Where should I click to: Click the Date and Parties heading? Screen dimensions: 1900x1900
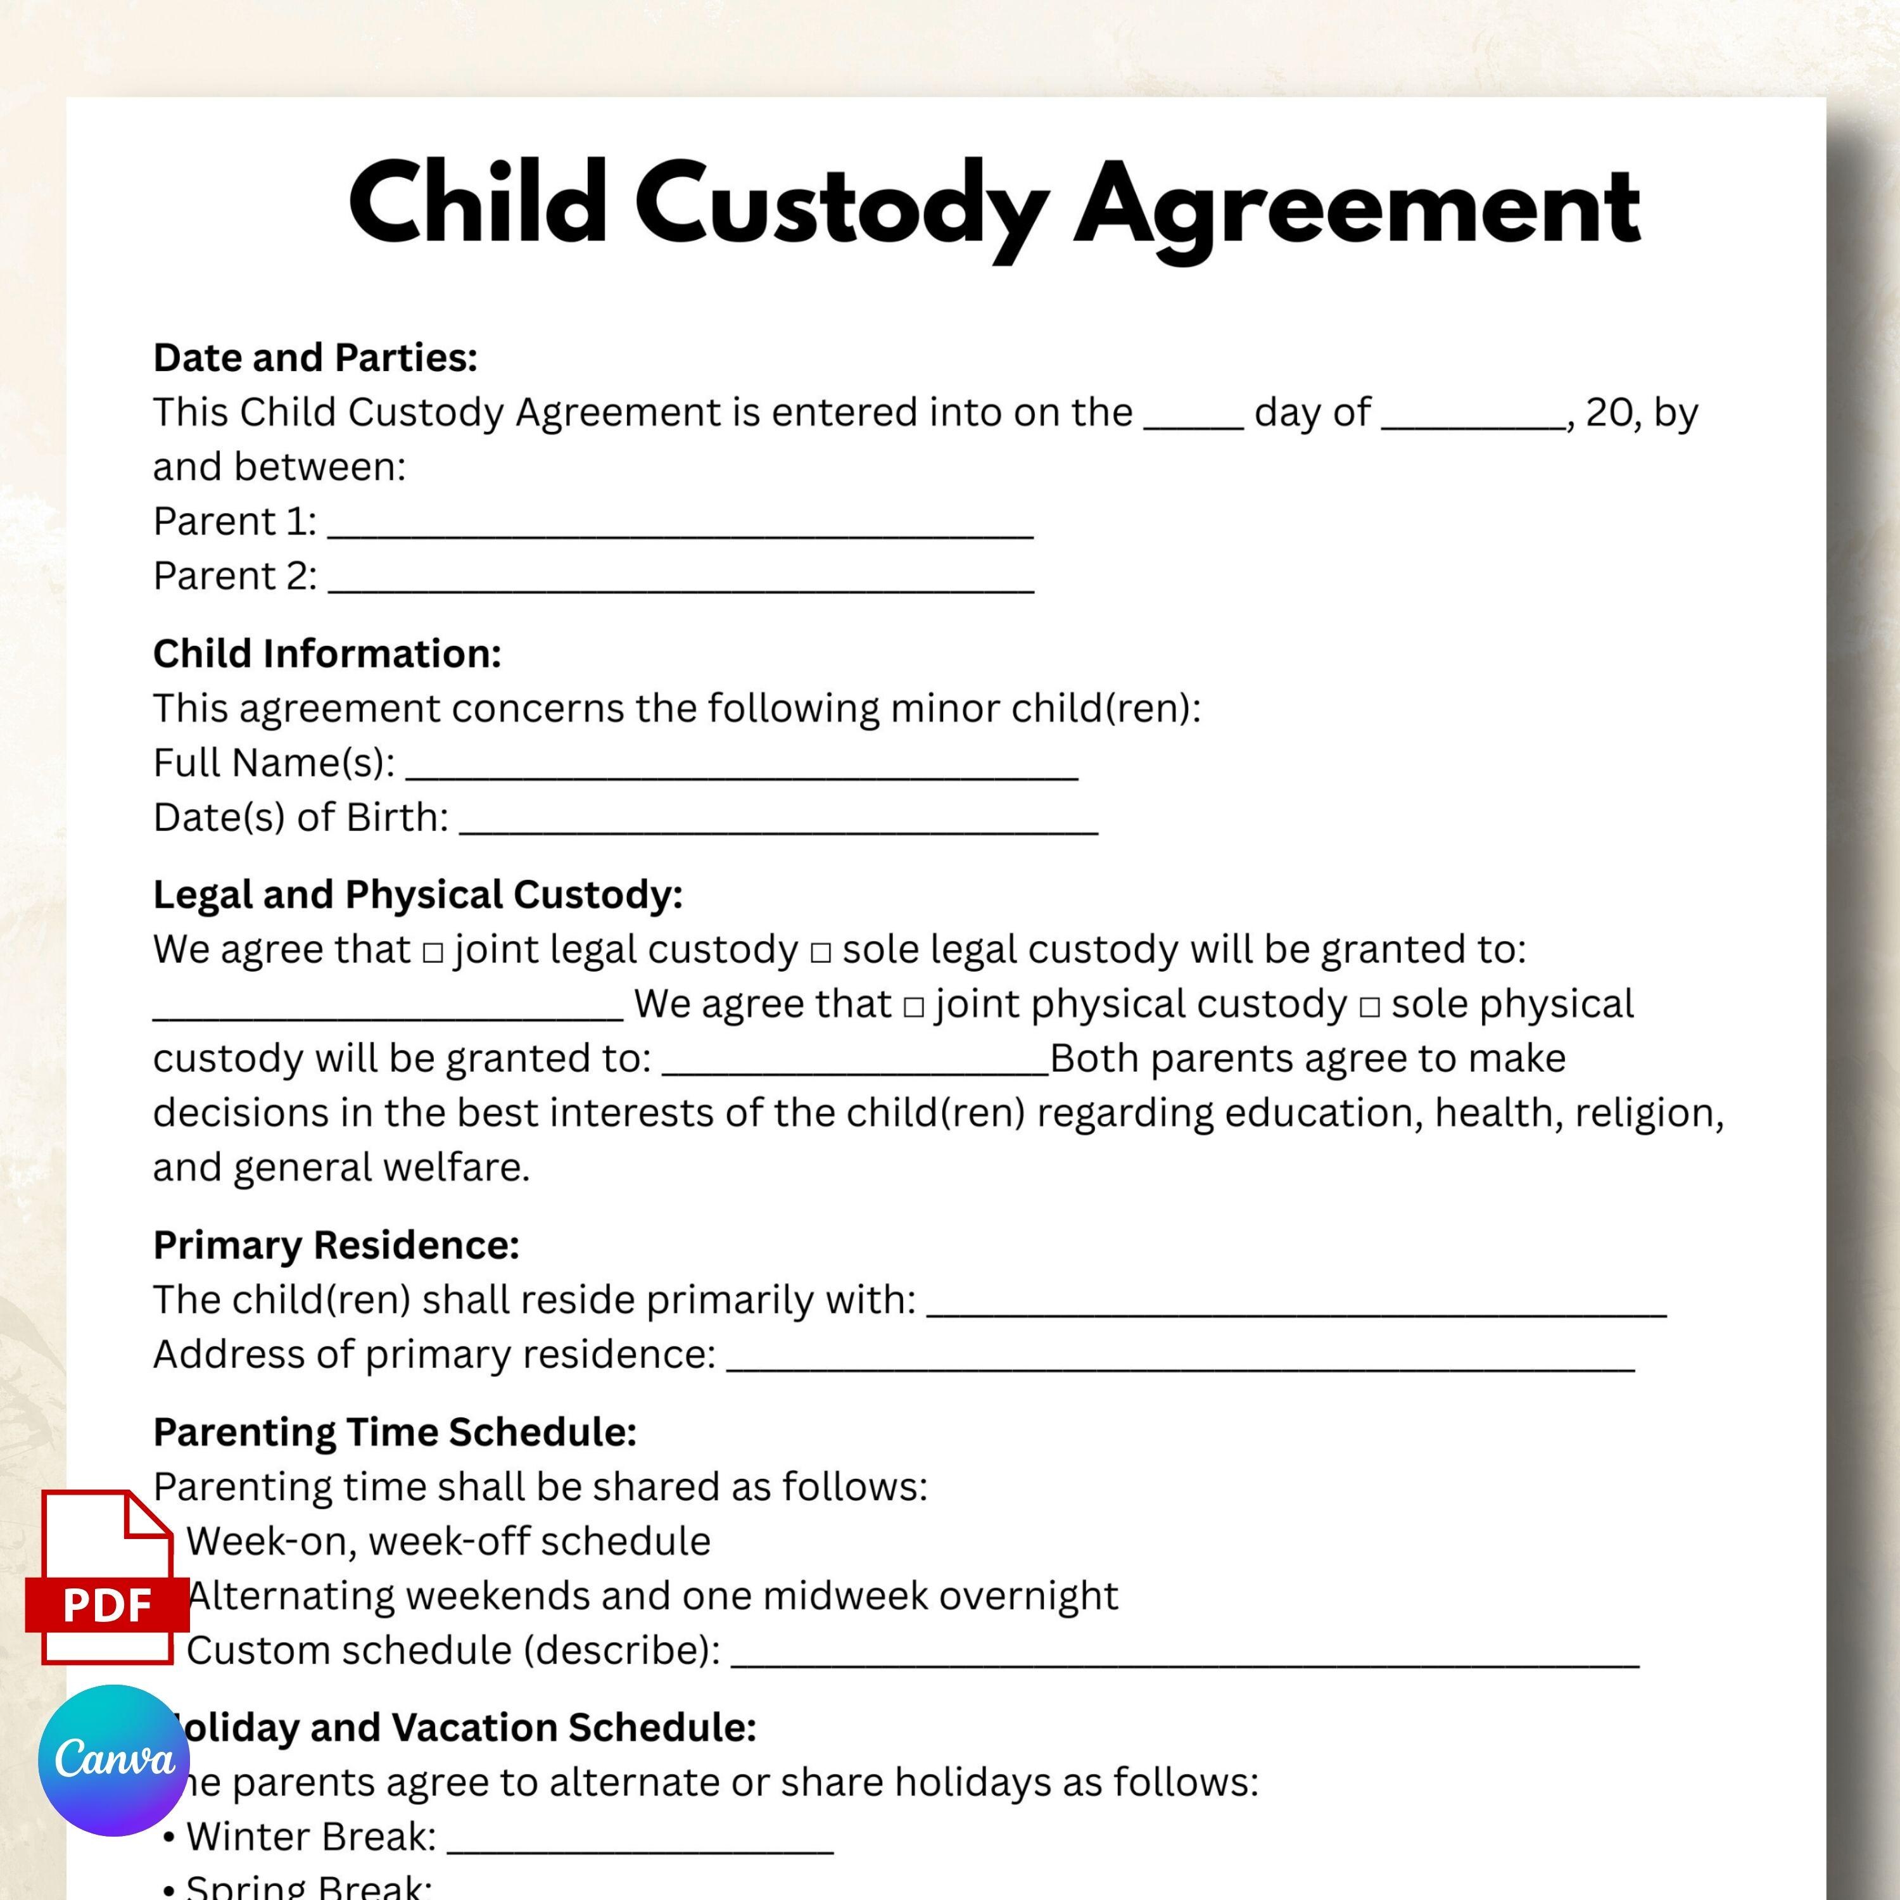315,358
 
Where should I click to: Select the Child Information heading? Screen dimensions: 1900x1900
327,654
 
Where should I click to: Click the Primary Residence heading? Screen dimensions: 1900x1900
336,1246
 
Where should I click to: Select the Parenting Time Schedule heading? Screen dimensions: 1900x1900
395,1433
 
